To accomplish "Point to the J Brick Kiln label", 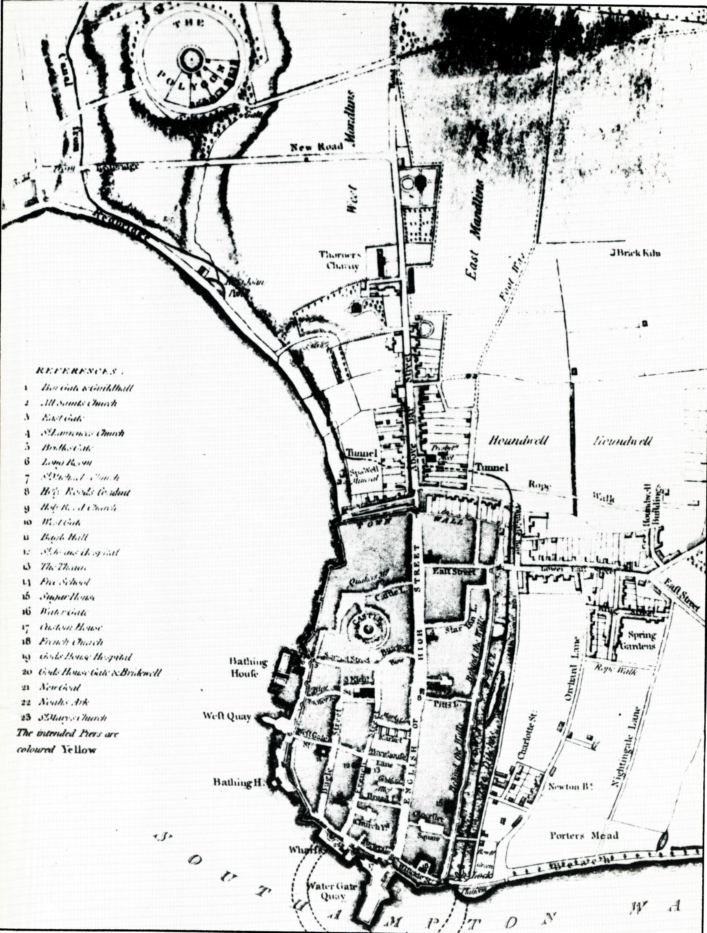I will coord(634,254).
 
